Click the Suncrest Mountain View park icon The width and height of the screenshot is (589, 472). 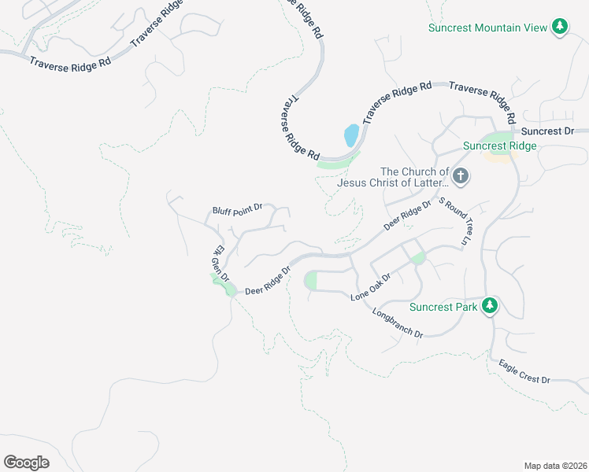[560, 28]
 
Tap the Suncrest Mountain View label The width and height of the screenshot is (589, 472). [487, 28]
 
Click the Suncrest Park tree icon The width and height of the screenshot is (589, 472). [490, 306]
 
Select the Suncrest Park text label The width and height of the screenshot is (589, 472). [443, 307]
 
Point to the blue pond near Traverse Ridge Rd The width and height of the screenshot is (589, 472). [351, 135]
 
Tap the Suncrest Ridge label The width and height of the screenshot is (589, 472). [499, 146]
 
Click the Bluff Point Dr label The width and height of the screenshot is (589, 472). [236, 211]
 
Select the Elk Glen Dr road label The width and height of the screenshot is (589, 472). [219, 264]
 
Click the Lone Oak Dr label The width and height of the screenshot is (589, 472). [371, 293]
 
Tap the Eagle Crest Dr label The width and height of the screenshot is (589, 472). [524, 372]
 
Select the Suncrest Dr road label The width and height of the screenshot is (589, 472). [548, 131]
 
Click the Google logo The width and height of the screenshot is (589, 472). [27, 463]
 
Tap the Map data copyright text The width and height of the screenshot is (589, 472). [554, 466]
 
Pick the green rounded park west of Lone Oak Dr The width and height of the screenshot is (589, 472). [310, 281]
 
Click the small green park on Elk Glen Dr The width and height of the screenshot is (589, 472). [230, 290]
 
